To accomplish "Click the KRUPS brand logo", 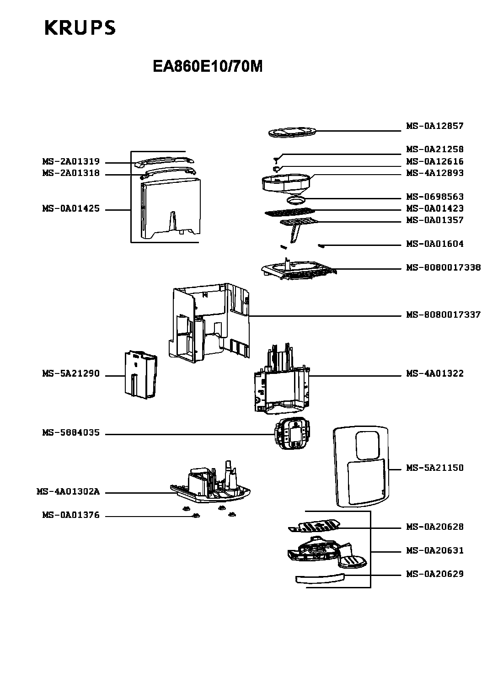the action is click(80, 28).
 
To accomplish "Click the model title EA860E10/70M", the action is click(208, 66).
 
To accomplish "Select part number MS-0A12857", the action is click(434, 126).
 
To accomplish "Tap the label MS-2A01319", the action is click(71, 161).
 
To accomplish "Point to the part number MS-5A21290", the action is click(71, 373).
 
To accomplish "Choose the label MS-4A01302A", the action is click(68, 491).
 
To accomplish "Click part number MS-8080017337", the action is click(443, 315).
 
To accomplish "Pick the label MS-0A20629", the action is click(434, 574).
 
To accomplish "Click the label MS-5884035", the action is click(71, 432).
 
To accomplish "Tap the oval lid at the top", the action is click(293, 133).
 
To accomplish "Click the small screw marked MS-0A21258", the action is click(277, 160).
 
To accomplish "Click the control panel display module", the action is click(292, 433).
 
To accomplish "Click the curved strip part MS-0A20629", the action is click(320, 578).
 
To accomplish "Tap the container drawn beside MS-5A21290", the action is click(141, 375).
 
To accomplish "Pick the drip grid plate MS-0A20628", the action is click(314, 526).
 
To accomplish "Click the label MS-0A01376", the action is click(71, 515).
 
